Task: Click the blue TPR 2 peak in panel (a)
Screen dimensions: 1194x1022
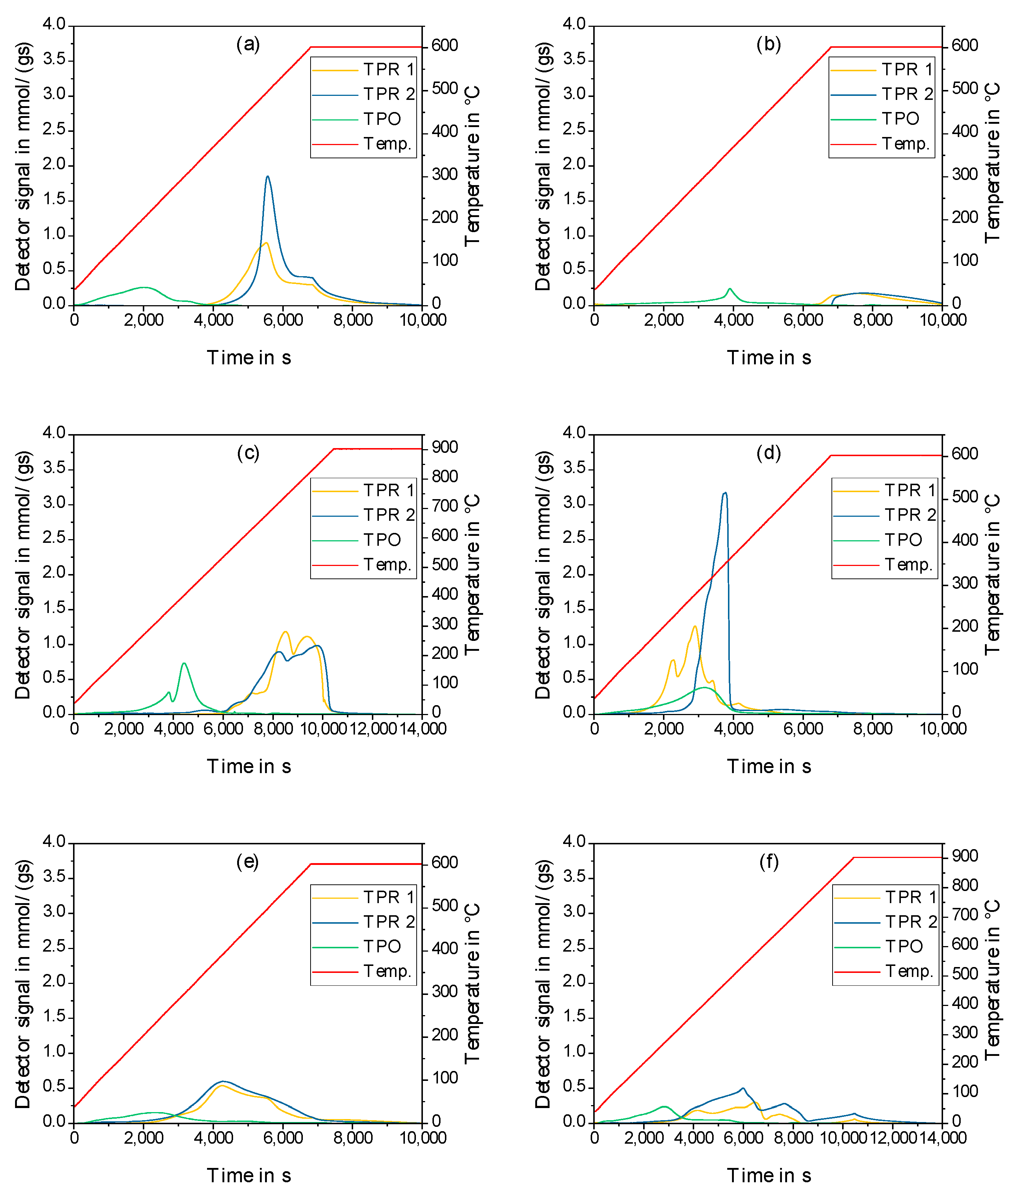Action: click(x=267, y=177)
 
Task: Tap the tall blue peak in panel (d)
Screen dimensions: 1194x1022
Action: click(x=725, y=493)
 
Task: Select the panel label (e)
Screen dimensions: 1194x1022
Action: click(x=248, y=862)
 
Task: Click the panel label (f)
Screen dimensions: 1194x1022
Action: click(x=768, y=862)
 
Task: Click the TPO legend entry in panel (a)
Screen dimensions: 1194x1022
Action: click(x=381, y=119)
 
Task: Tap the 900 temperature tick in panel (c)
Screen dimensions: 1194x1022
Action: click(x=445, y=447)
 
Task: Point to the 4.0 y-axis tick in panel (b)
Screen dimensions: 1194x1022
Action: click(x=574, y=25)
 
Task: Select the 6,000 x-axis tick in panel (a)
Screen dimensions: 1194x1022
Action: click(x=283, y=320)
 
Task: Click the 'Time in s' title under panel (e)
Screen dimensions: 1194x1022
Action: click(x=249, y=1176)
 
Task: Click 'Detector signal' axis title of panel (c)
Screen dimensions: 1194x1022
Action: click(x=23, y=574)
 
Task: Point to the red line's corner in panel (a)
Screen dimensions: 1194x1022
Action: click(x=311, y=47)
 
